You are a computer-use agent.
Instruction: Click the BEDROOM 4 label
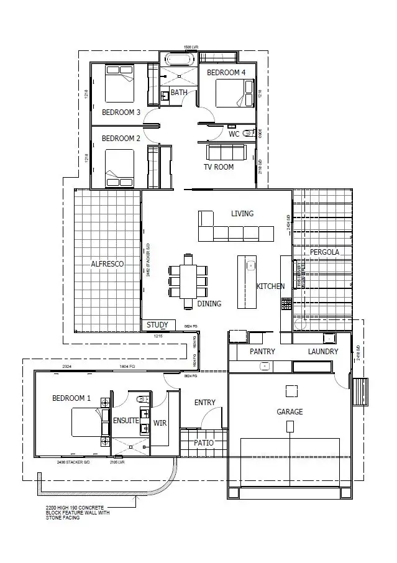226,73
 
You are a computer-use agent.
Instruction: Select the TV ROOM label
219,167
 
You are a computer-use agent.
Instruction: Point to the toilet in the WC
248,132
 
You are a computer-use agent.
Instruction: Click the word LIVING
242,214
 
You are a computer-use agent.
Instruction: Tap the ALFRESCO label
107,264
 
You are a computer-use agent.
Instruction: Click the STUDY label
157,324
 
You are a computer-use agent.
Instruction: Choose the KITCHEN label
271,286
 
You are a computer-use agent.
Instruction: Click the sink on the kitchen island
252,266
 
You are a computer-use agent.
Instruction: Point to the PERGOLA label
324,252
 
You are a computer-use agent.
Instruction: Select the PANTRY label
262,352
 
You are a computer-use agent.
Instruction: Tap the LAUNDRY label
323,352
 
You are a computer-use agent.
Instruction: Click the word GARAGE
290,412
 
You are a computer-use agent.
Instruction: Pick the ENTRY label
205,403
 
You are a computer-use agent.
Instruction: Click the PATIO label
203,443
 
